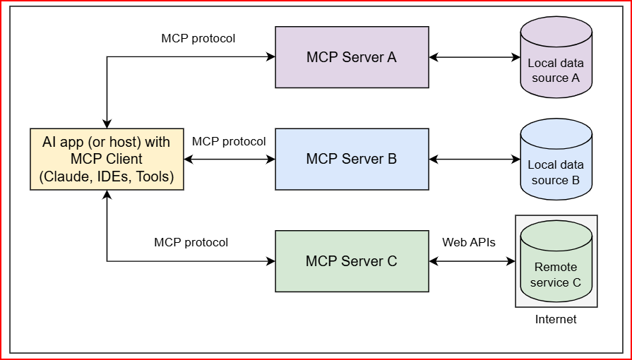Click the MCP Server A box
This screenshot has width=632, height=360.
tap(352, 57)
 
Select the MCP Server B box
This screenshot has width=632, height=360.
tap(352, 160)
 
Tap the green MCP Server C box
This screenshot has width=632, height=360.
tap(352, 261)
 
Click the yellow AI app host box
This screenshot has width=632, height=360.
tap(107, 160)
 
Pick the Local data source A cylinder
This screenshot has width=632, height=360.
tap(556, 57)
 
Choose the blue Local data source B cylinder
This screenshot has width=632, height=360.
tap(556, 160)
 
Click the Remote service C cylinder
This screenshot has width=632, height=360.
tap(556, 261)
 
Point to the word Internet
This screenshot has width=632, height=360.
tap(556, 319)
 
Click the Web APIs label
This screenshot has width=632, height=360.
tap(469, 242)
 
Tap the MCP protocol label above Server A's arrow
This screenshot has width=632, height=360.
tap(198, 39)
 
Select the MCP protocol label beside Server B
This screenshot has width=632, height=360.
tap(229, 142)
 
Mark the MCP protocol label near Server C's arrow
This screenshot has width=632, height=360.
tap(191, 243)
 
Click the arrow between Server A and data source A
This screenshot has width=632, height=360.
tap(475, 57)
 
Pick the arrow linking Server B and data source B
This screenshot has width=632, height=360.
tap(475, 160)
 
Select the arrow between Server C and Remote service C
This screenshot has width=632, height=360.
tap(472, 261)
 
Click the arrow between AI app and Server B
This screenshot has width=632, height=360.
tap(229, 160)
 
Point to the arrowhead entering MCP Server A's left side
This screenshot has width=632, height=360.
tap(271, 57)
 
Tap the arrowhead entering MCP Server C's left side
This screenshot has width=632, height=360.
tap(271, 261)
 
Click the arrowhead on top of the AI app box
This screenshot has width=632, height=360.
tap(107, 124)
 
